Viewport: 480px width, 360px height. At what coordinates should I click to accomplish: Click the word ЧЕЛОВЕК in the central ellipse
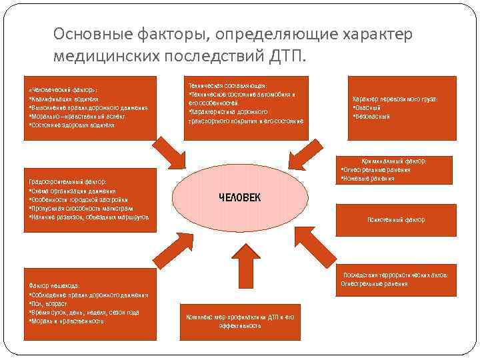[240, 197]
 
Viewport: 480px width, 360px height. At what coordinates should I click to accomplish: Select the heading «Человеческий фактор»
[63, 89]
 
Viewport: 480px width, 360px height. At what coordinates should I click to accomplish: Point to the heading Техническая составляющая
[227, 86]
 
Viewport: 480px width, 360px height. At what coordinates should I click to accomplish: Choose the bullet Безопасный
[373, 117]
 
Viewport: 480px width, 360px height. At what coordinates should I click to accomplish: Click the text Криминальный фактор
[394, 161]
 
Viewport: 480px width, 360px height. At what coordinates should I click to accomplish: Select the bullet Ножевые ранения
[367, 179]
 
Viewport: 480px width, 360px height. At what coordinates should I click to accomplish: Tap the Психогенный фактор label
[396, 219]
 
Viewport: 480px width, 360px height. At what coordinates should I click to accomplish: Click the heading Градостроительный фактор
[67, 181]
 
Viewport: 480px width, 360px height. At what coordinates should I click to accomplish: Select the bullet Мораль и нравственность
[67, 321]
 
